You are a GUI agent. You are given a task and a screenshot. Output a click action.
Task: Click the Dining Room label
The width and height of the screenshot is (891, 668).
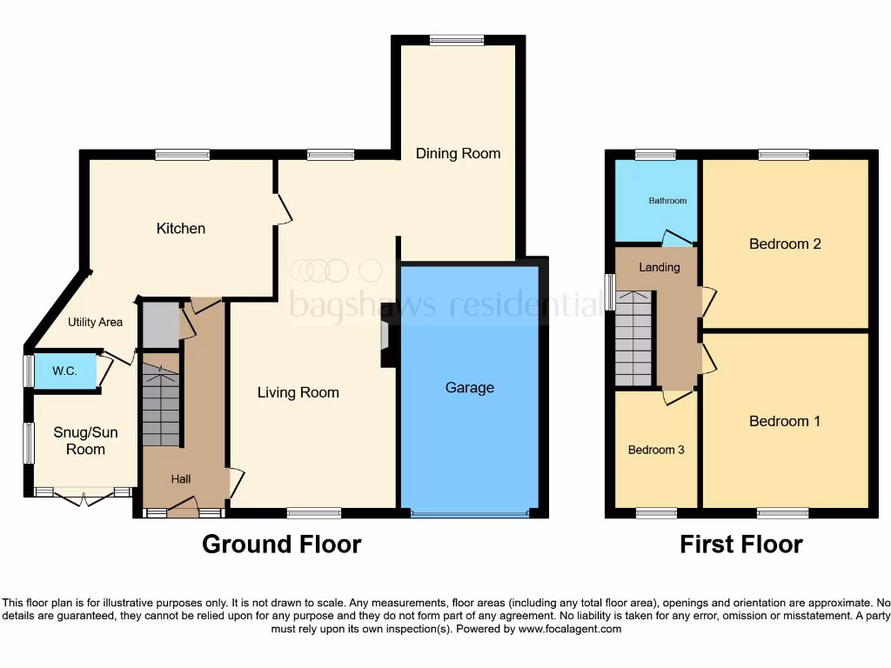pyautogui.click(x=458, y=153)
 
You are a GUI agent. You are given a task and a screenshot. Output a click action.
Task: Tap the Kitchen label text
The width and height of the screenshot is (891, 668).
pyautogui.click(x=181, y=229)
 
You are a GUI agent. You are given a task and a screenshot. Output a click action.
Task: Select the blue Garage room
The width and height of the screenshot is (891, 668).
pyautogui.click(x=470, y=417)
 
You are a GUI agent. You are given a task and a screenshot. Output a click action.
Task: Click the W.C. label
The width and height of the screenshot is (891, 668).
pyautogui.click(x=64, y=371)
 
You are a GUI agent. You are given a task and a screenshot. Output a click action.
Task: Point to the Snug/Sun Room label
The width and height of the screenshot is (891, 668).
pyautogui.click(x=85, y=441)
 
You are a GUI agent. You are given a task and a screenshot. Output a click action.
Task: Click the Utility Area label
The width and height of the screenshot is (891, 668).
pyautogui.click(x=96, y=322)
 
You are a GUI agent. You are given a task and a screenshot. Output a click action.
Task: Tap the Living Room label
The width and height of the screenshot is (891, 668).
pyautogui.click(x=298, y=392)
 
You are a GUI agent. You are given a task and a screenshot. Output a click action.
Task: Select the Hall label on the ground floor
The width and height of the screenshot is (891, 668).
pyautogui.click(x=181, y=479)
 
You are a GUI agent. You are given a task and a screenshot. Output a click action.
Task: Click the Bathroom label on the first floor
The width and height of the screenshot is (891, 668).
pyautogui.click(x=667, y=201)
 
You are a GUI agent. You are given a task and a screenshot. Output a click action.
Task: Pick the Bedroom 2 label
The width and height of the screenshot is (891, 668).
pyautogui.click(x=785, y=244)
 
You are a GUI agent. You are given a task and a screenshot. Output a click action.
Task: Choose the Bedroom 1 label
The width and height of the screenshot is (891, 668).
pyautogui.click(x=785, y=421)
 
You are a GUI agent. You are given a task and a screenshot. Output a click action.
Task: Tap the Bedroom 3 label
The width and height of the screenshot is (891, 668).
pyautogui.click(x=656, y=450)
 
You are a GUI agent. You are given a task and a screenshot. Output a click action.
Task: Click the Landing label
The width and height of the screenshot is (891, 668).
pyautogui.click(x=660, y=267)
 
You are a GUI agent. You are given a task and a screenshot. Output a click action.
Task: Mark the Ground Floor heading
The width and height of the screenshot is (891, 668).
pyautogui.click(x=281, y=544)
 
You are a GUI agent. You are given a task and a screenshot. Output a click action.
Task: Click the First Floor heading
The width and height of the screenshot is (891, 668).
pyautogui.click(x=741, y=544)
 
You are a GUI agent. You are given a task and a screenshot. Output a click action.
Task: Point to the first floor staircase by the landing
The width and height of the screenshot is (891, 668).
pyautogui.click(x=633, y=339)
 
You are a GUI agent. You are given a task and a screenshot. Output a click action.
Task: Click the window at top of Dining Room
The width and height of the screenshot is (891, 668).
pyautogui.click(x=457, y=39)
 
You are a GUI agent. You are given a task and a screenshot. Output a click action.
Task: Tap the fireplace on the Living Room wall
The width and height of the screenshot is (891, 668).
pyautogui.click(x=386, y=345)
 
